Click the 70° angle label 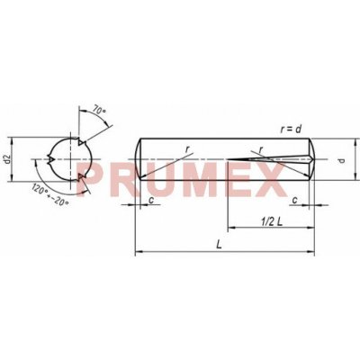click(99, 110)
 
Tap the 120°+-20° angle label click(50, 195)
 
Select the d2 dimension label click(7, 159)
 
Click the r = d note click(291, 130)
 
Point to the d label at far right click(342, 160)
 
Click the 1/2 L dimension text click(272, 221)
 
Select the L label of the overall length click(220, 245)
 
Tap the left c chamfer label click(151, 200)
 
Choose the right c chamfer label click(295, 200)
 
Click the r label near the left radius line click(187, 148)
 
